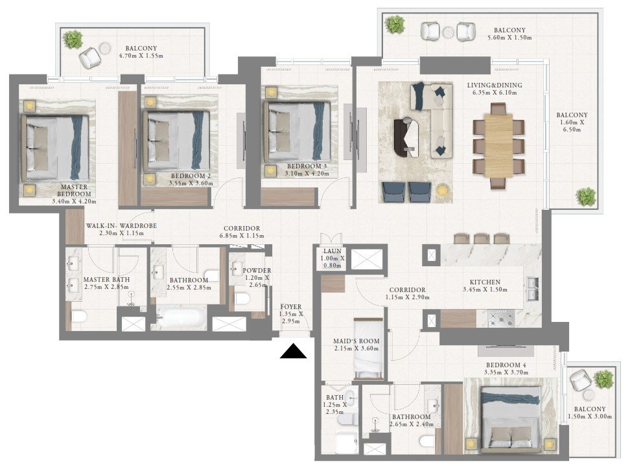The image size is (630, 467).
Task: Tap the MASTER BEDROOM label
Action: click(75, 190)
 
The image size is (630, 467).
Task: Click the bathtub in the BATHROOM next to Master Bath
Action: click(180, 317)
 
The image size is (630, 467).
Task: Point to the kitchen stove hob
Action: click(501, 319)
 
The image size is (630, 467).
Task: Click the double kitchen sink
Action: click(532, 288)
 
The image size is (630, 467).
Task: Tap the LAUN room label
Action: click(332, 251)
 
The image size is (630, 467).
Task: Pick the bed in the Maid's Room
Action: click(368, 348)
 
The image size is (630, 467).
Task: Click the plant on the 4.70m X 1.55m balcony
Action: click(73, 40)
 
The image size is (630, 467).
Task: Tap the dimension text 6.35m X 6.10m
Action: click(495, 93)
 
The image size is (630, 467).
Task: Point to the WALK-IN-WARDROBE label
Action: click(121, 225)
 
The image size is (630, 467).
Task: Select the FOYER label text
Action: click(291, 307)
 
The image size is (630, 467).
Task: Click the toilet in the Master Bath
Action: click(79, 317)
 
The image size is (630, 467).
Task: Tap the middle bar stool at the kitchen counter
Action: click(481, 238)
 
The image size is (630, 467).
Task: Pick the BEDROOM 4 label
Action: click(506, 365)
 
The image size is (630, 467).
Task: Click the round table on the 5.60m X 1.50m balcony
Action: click(449, 32)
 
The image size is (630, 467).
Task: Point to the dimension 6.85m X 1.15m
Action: click(242, 236)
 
